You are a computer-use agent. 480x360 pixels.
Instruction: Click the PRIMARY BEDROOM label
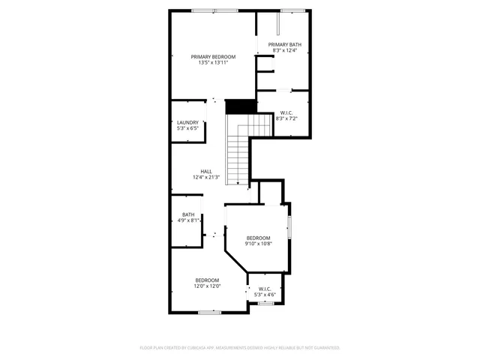click(213, 57)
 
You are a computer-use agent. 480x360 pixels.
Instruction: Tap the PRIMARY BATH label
click(284, 45)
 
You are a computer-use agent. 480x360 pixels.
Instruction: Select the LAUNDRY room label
click(187, 122)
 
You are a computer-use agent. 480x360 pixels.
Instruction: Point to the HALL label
click(205, 171)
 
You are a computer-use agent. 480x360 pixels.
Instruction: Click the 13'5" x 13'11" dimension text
click(213, 63)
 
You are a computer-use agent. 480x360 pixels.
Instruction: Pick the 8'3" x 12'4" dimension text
click(284, 51)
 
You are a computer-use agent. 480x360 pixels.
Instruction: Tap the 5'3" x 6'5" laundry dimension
click(187, 128)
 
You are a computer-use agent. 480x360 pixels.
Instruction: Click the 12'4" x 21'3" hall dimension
click(205, 177)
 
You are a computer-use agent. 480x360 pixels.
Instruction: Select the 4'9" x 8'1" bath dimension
click(187, 220)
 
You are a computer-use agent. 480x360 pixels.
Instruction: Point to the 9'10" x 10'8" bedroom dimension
click(258, 244)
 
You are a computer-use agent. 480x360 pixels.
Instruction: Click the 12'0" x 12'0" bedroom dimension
click(207, 286)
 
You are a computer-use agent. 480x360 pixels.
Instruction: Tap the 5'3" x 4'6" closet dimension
click(264, 295)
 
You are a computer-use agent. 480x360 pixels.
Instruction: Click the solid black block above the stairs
click(239, 106)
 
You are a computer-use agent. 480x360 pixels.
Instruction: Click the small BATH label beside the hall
click(187, 214)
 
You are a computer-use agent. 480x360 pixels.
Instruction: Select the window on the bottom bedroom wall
click(209, 312)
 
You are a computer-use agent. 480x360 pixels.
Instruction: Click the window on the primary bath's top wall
click(292, 10)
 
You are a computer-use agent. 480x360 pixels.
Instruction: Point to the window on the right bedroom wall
click(289, 227)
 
